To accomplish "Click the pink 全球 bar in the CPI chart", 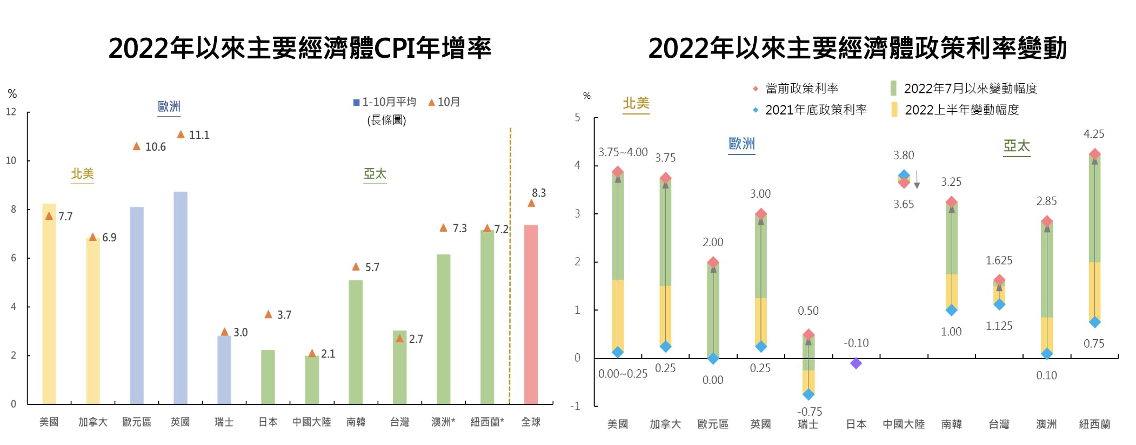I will pos(531,314).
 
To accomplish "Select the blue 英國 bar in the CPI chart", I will pos(181,298).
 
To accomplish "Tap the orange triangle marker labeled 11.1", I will pos(181,134).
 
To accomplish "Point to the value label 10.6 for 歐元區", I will pos(156,147).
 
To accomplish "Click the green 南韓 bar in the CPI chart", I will pos(356,341).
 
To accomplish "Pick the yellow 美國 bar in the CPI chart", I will pos(49,304).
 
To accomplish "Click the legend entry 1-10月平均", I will pos(384,102).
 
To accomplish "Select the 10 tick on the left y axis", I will pos(11,160).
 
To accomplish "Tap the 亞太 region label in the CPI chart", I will pos(375,174).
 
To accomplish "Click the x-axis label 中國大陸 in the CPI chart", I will pos(312,422).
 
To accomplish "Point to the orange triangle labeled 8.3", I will pos(531,203).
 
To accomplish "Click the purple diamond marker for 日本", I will pos(856,363).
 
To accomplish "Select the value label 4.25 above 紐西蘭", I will pos(1094,134).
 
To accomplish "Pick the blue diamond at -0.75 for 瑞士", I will pos(808,394).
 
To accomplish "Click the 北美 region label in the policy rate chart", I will pos(636,103).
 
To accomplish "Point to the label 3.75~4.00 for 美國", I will pos(623,152).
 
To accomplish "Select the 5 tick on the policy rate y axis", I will pos(578,117).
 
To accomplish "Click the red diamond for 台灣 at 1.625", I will pos(999,280).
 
